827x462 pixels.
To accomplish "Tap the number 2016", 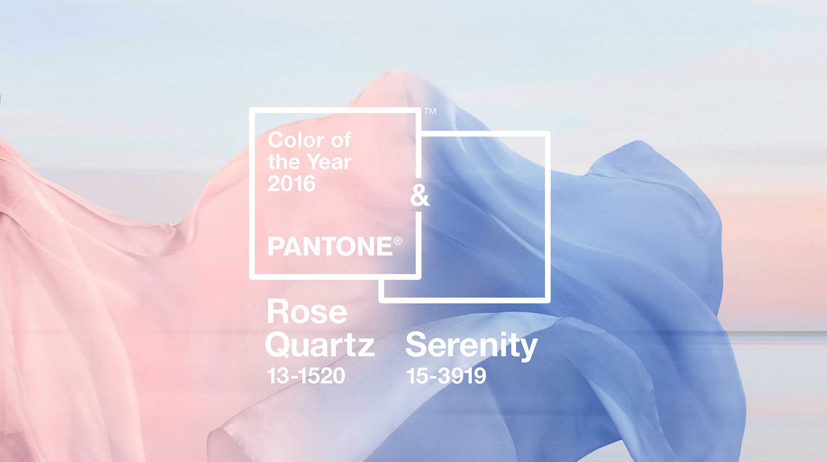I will point(292,183).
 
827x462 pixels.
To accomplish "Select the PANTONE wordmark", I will point(330,247).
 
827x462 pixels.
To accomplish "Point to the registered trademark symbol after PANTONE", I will point(398,241).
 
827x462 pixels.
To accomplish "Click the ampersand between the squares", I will point(420,195).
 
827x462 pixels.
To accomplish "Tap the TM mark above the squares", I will point(430,111).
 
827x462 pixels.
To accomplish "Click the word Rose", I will point(307,312).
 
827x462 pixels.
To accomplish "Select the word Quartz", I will point(320,345).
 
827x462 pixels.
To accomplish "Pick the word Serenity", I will point(471,345).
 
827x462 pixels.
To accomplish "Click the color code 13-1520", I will point(306,376).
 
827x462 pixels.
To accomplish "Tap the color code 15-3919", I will point(446,376).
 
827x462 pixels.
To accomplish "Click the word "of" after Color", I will point(341,140).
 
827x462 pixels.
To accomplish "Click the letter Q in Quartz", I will point(279,345).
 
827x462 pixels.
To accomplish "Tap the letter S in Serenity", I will point(416,344).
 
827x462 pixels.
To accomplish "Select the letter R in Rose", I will point(277,312).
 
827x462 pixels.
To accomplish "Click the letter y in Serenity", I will point(528,349).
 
